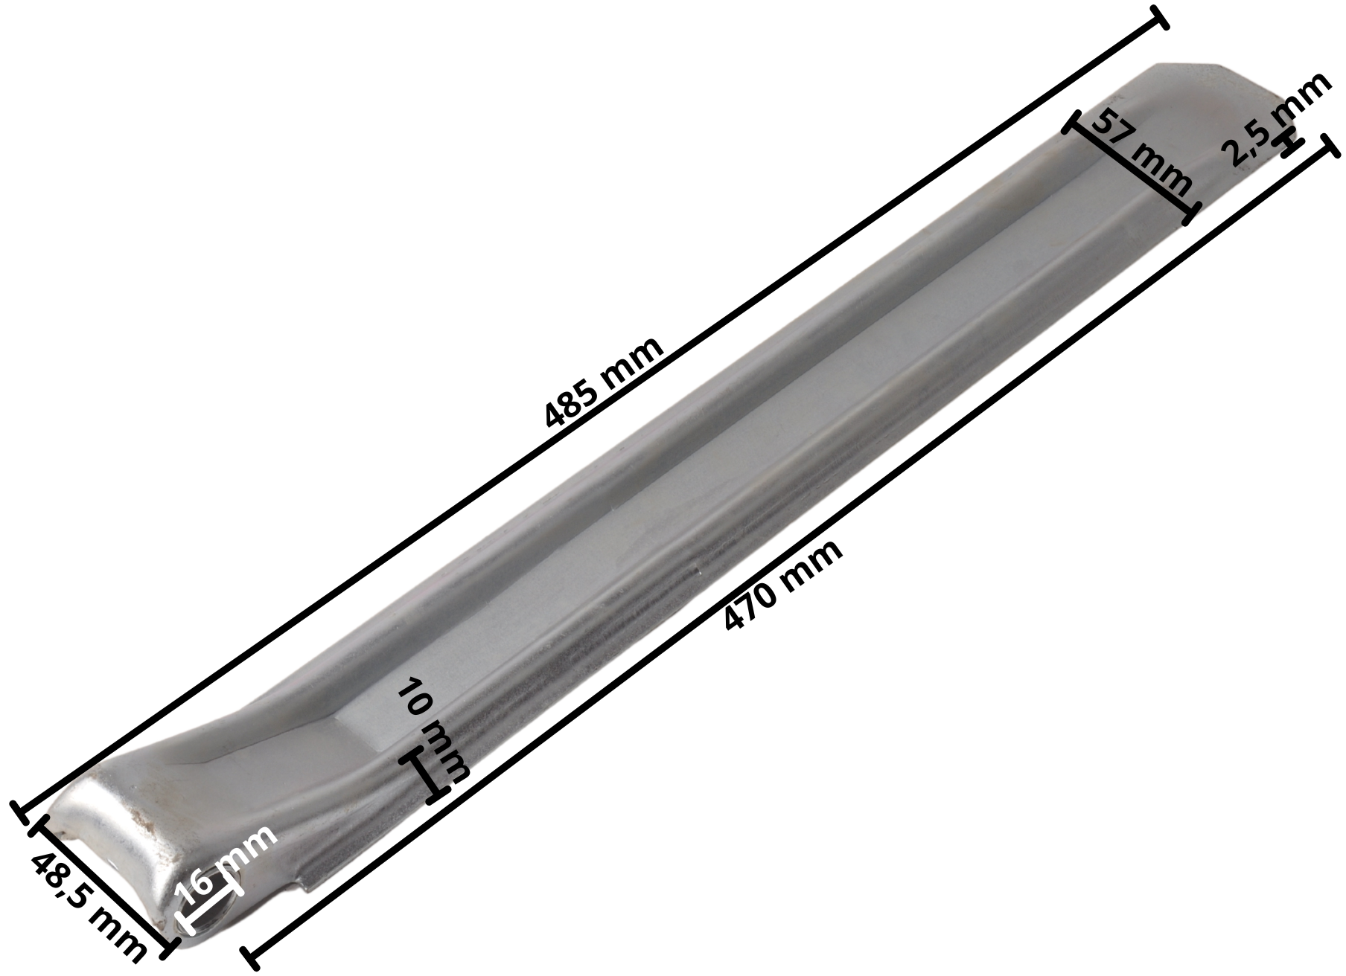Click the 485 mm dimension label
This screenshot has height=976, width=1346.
point(603,382)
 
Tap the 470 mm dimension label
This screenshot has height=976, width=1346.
point(783,584)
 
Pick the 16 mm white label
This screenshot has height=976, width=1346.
point(229,863)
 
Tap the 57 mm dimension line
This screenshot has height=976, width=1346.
point(1132,167)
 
